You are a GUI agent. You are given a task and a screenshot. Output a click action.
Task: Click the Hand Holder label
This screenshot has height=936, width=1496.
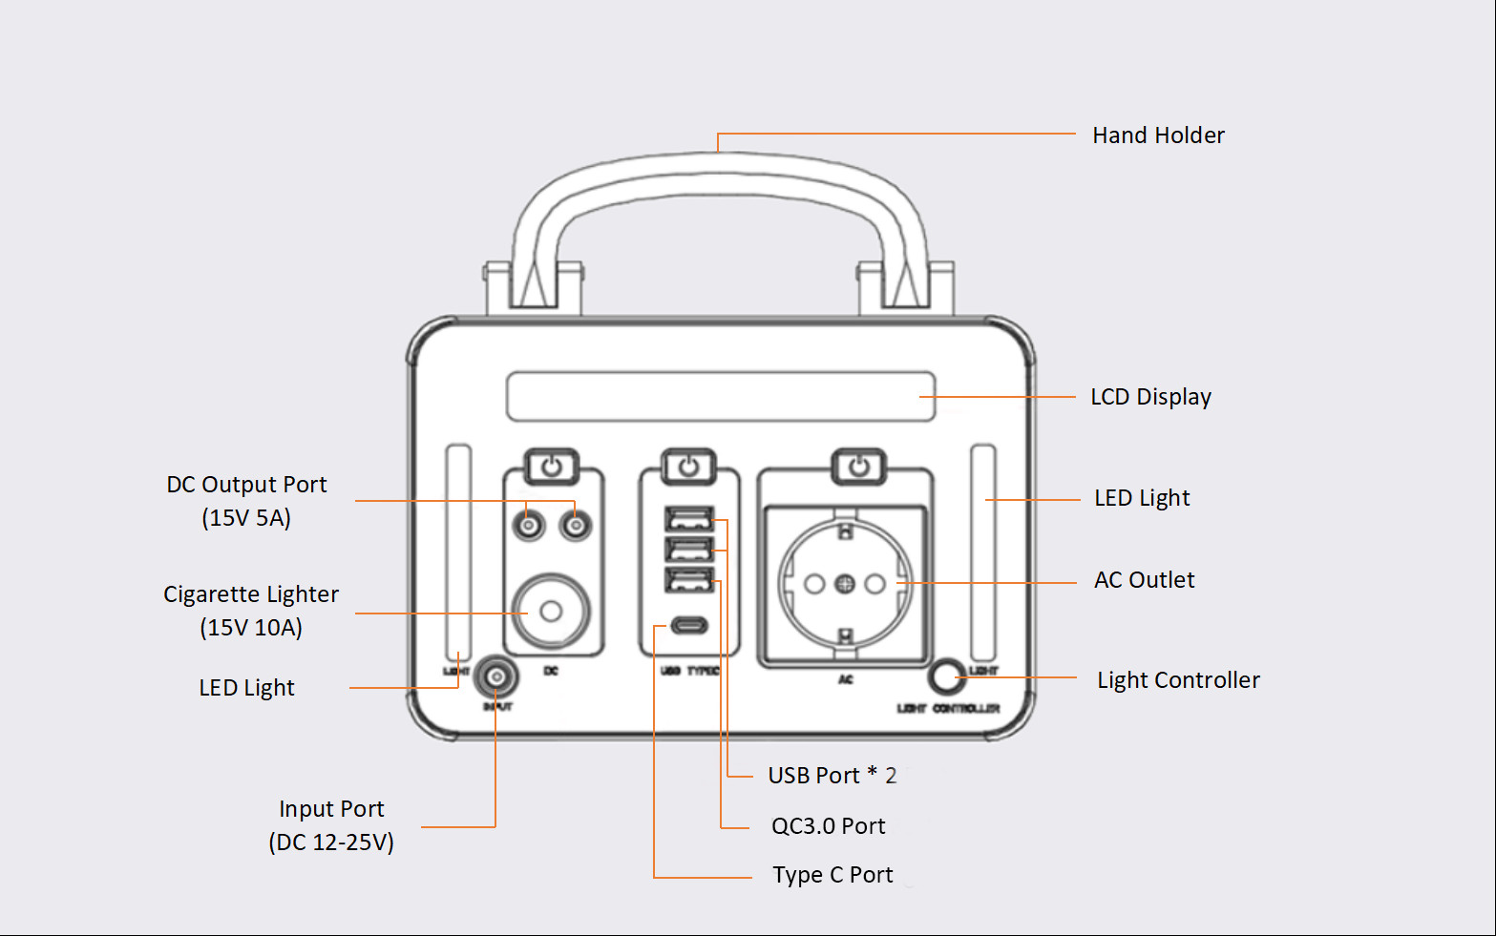pyautogui.click(x=1158, y=135)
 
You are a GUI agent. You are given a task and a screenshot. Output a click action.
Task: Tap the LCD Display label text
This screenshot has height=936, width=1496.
pyautogui.click(x=1150, y=397)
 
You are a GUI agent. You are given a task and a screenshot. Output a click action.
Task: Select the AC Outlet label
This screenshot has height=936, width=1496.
pyautogui.click(x=1144, y=580)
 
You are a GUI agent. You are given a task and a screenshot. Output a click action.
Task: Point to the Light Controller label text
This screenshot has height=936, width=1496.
pyautogui.click(x=1178, y=680)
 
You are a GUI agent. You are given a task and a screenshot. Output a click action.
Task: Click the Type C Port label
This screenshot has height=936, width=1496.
pyautogui.click(x=832, y=875)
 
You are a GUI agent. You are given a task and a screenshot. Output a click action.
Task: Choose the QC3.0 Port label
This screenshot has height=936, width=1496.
pyautogui.click(x=828, y=826)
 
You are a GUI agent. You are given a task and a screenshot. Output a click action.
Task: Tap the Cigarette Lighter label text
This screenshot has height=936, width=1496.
pyautogui.click(x=251, y=594)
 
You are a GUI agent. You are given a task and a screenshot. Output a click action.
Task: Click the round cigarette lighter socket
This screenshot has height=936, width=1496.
pyautogui.click(x=551, y=612)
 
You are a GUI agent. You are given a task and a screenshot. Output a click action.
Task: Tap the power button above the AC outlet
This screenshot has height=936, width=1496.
pyautogui.click(x=859, y=468)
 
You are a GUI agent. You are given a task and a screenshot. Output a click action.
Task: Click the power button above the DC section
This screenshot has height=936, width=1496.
pyautogui.click(x=552, y=468)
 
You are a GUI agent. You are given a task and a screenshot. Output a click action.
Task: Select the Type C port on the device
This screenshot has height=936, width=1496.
pyautogui.click(x=689, y=626)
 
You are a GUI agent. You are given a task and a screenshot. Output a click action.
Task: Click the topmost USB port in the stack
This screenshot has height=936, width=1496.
pyautogui.click(x=689, y=519)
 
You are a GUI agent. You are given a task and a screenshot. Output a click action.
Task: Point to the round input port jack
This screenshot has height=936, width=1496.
pyautogui.click(x=495, y=678)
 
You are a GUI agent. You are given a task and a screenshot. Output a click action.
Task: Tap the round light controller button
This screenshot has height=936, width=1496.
pyautogui.click(x=946, y=676)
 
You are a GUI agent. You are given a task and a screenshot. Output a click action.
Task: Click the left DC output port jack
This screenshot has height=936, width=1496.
pyautogui.click(x=528, y=525)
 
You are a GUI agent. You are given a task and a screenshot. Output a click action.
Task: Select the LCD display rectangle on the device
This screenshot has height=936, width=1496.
pyautogui.click(x=721, y=396)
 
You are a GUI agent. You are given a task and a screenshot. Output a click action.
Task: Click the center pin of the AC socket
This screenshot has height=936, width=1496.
pyautogui.click(x=845, y=584)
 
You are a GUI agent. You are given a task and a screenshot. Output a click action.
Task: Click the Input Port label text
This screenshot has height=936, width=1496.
pyautogui.click(x=331, y=809)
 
